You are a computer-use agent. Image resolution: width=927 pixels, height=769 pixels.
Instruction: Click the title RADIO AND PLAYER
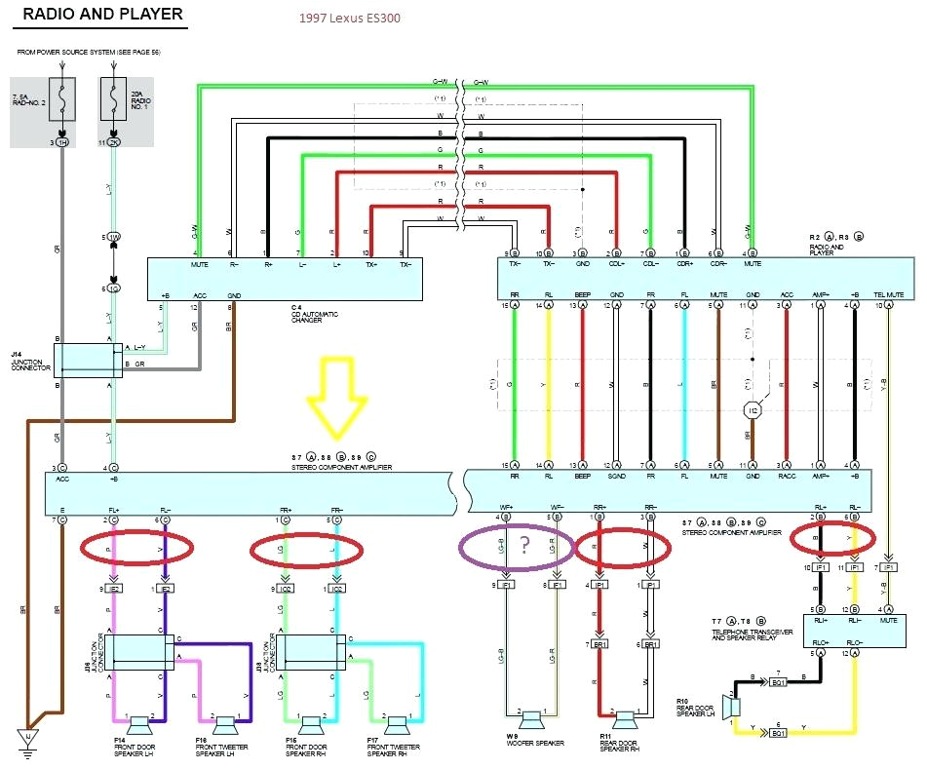[x=101, y=15]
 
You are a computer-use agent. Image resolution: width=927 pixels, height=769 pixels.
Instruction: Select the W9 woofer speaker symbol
[x=531, y=721]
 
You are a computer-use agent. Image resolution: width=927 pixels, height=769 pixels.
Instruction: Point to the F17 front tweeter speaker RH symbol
[x=397, y=723]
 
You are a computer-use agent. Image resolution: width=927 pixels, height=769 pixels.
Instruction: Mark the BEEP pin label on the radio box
[x=582, y=293]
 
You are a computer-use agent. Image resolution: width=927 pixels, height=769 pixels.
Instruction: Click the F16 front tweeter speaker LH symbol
[x=226, y=723]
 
